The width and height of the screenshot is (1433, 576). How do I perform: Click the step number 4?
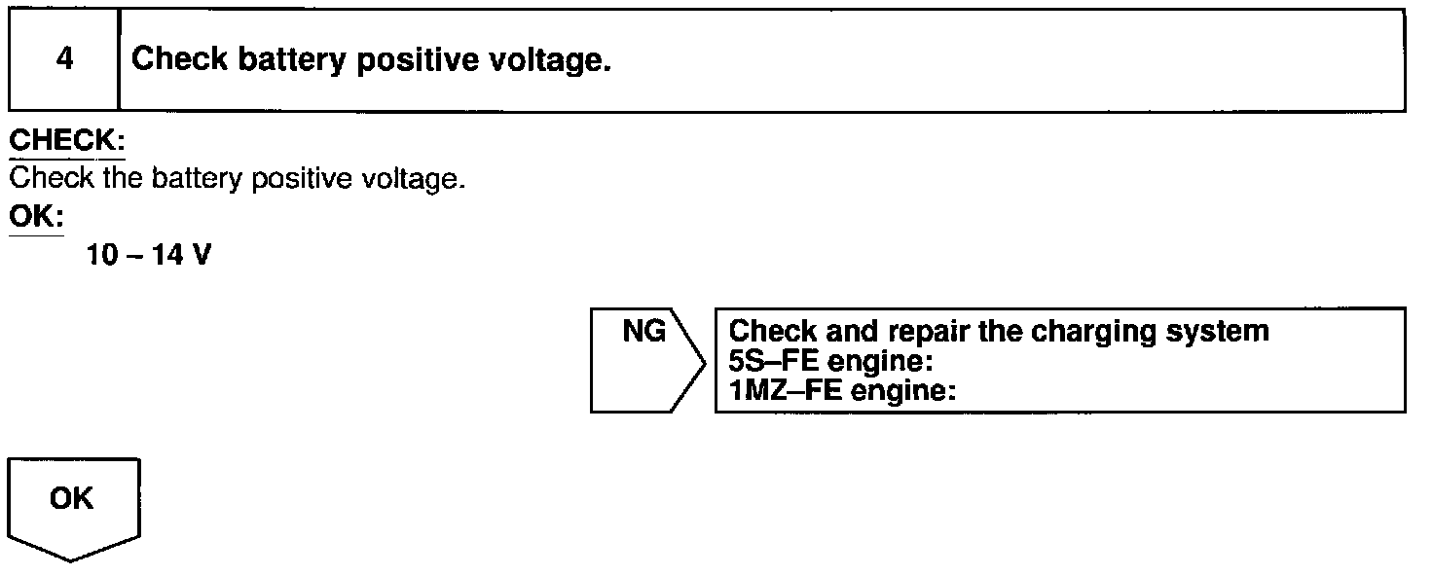pyautogui.click(x=64, y=60)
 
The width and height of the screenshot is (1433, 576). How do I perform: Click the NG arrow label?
pyautogui.click(x=644, y=333)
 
